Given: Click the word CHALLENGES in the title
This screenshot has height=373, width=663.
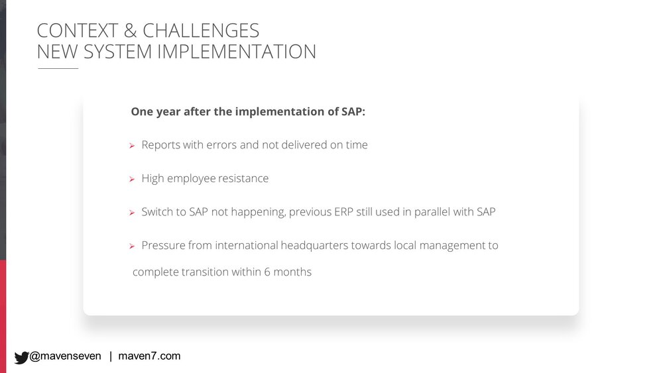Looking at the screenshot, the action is pyautogui.click(x=201, y=30).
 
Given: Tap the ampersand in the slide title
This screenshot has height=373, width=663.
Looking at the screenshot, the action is pyautogui.click(x=130, y=30).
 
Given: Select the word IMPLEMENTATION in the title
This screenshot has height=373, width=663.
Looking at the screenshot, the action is pyautogui.click(x=237, y=52).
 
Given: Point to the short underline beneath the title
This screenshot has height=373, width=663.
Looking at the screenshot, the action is pyautogui.click(x=58, y=68).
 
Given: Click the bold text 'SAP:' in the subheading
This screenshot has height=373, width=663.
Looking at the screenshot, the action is pyautogui.click(x=353, y=111).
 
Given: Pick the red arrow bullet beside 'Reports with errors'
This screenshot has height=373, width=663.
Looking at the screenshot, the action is pyautogui.click(x=132, y=146).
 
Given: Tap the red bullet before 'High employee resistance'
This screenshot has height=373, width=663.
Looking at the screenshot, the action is pyautogui.click(x=132, y=179).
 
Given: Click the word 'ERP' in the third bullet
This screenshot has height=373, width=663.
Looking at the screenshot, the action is pyautogui.click(x=343, y=211).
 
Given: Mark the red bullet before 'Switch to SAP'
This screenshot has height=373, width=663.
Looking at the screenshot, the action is pyautogui.click(x=132, y=213).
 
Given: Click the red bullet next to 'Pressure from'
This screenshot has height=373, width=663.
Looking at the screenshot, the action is pyautogui.click(x=132, y=246).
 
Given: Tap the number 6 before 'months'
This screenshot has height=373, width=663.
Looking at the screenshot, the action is pyautogui.click(x=267, y=272).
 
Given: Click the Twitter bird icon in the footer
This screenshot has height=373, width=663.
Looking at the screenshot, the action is pyautogui.click(x=21, y=357).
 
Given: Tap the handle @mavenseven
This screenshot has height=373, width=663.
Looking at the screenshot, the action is pyautogui.click(x=65, y=356).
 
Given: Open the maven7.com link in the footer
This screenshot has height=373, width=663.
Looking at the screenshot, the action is pyautogui.click(x=149, y=356).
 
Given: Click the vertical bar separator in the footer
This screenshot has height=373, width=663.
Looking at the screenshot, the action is pyautogui.click(x=111, y=356).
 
